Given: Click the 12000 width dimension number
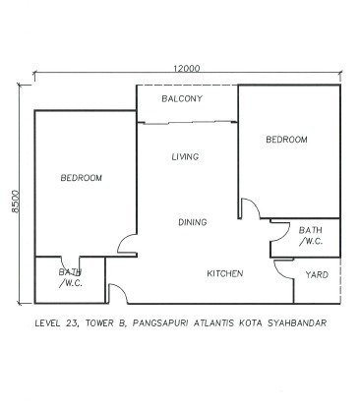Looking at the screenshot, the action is pyautogui.click(x=186, y=69).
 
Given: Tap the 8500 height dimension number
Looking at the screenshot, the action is pyautogui.click(x=16, y=202).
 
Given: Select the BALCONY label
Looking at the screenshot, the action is pyautogui.click(x=182, y=98).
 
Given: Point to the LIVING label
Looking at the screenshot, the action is pyautogui.click(x=185, y=156).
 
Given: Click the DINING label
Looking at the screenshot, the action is pyautogui.click(x=193, y=222).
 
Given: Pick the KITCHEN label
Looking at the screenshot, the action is pyautogui.click(x=225, y=273).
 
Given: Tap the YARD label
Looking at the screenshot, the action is pyautogui.click(x=317, y=274).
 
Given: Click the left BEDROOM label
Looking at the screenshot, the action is pyautogui.click(x=82, y=178).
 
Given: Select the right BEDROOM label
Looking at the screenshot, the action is pyautogui.click(x=286, y=140).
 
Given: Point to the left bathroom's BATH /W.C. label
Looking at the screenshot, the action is pyautogui.click(x=71, y=277).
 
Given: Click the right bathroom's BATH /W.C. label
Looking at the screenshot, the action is pyautogui.click(x=311, y=236).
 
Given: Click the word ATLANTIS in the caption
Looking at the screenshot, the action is pyautogui.click(x=213, y=323).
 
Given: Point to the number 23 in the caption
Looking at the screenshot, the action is pyautogui.click(x=72, y=323).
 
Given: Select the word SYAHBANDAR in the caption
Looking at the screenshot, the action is pyautogui.click(x=297, y=323).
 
